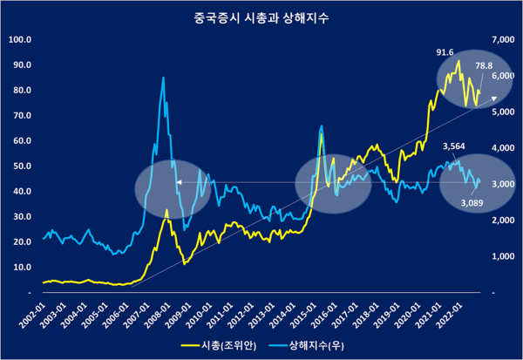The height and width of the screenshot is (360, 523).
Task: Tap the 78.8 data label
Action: [485, 65]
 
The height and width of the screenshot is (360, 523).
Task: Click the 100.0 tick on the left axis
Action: [19, 39]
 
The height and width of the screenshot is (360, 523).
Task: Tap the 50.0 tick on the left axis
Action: [21, 166]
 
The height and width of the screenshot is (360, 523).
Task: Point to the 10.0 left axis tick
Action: [21, 267]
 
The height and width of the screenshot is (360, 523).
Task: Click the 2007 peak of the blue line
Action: [163, 78]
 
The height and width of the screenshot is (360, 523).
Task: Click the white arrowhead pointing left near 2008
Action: [177, 182]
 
